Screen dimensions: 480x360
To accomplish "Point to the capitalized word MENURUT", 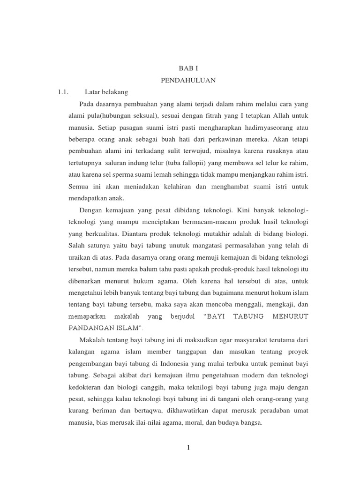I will click(x=290, y=316).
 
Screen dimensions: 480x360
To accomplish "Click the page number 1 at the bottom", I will click(x=188, y=448).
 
